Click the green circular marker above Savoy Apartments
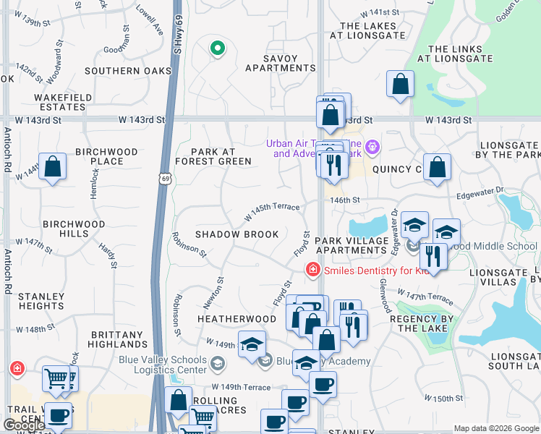[216, 49]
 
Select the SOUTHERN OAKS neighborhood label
[128, 71]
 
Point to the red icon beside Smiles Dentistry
[312, 271]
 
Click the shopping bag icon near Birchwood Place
[53, 167]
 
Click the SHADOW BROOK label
[237, 235]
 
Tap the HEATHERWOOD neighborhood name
[237, 319]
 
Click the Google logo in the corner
[24, 425]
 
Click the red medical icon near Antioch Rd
[16, 369]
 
